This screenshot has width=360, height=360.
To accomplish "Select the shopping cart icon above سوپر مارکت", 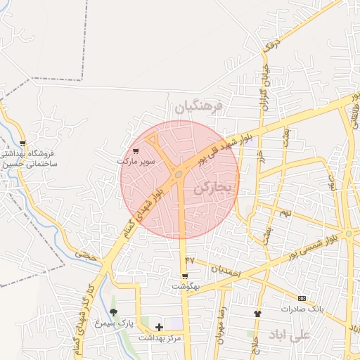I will pos(135,151).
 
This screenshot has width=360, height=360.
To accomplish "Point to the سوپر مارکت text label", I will pos(136,161).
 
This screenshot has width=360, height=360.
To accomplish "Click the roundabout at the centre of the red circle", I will pos(179,174).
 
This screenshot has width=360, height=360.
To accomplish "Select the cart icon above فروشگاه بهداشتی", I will pos(23,143).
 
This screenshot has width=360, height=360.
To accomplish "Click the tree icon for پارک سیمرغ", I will pos(113,311).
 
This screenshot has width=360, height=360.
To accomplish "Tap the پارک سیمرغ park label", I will pos(115,323).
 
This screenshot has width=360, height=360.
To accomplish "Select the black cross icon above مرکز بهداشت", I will pos(159,327).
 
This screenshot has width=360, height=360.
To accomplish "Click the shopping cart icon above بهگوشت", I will pos(186,277).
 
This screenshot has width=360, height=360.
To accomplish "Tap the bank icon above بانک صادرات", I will pos(302,298).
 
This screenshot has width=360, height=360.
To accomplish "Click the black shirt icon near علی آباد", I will pos(257,313).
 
